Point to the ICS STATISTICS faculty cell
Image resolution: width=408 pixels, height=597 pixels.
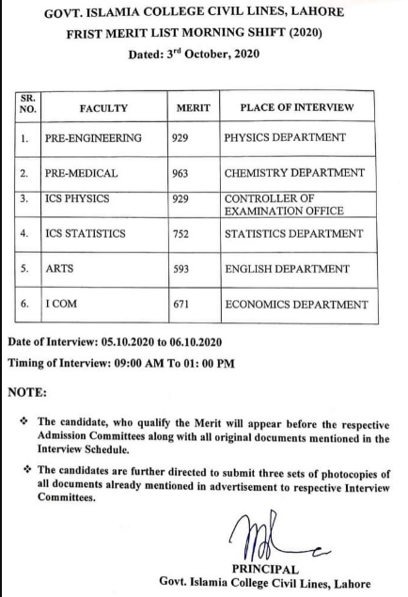89,233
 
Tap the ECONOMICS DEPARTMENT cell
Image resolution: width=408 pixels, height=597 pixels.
294,306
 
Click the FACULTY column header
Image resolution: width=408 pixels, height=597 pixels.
103,108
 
